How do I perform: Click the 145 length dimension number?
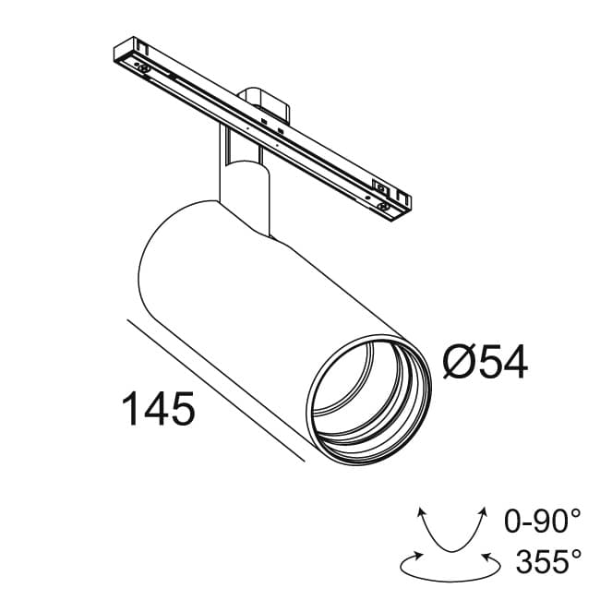coord(158,409)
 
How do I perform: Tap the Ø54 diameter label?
coord(485,362)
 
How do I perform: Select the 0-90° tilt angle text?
coord(544,522)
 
